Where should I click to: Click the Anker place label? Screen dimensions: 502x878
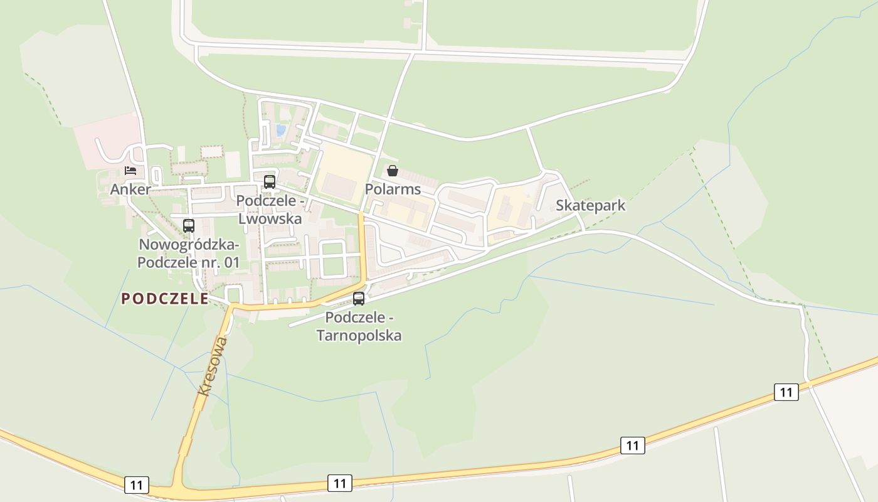click(130, 190)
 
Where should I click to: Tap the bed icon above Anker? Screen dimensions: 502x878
click(130, 170)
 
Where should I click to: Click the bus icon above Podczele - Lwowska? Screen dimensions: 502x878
click(270, 182)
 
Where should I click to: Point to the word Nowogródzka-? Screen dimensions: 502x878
click(189, 244)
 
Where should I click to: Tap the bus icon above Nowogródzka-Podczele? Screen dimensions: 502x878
click(189, 226)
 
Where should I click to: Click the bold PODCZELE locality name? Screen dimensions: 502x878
click(165, 299)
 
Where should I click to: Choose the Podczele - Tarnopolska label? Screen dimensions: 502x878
click(359, 326)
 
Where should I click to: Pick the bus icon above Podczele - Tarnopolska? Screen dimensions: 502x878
click(359, 299)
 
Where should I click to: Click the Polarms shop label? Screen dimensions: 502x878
click(393, 189)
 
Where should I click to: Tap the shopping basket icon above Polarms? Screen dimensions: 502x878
click(393, 171)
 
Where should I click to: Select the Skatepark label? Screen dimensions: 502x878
click(590, 206)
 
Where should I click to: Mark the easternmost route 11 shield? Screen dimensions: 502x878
click(786, 392)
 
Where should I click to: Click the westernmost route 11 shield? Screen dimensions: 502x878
click(136, 484)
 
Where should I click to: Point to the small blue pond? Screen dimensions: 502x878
click(280, 131)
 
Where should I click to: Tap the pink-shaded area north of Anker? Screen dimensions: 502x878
click(107, 141)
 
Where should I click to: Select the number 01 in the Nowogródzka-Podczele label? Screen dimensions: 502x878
click(231, 262)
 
